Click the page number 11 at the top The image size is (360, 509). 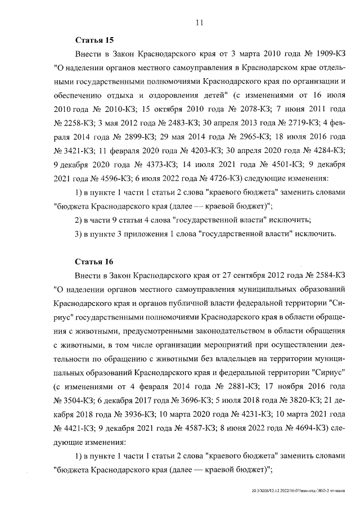pyautogui.click(x=199, y=22)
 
